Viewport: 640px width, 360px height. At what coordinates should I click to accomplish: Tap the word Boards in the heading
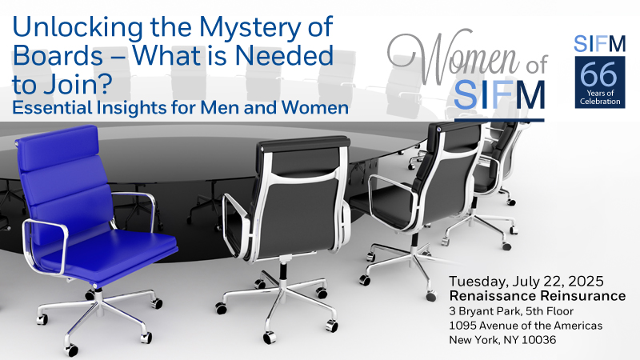[58, 55]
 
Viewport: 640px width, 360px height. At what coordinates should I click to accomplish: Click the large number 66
[599, 74]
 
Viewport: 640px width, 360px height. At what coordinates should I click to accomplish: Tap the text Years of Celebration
[600, 97]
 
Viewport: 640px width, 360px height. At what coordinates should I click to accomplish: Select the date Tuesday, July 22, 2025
[526, 282]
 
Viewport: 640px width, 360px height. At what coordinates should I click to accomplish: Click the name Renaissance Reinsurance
[537, 295]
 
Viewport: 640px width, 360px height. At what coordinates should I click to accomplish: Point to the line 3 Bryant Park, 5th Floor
[511, 311]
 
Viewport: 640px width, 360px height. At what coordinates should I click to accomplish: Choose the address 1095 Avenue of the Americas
[526, 326]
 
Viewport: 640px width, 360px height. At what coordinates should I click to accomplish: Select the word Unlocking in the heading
[78, 28]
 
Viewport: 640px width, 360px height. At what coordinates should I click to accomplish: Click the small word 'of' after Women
[535, 65]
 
